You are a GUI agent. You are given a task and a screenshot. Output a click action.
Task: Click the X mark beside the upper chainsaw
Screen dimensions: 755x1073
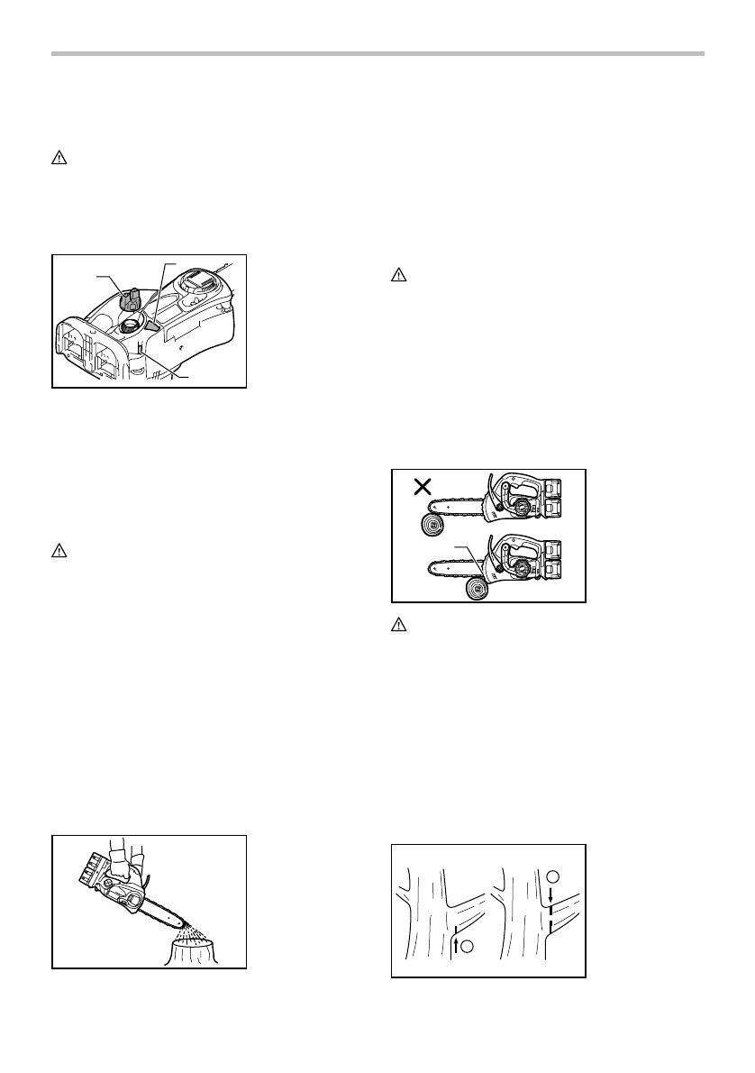point(420,488)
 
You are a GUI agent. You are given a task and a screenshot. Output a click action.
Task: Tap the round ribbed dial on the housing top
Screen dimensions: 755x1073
point(196,286)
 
